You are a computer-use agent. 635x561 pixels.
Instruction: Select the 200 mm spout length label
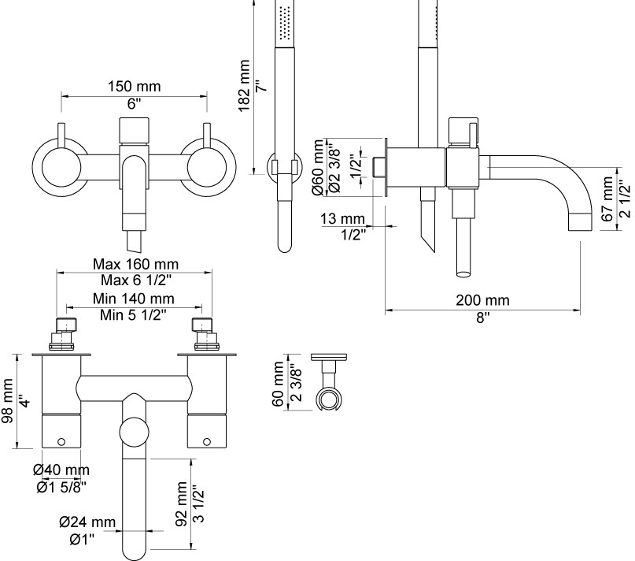click(482, 300)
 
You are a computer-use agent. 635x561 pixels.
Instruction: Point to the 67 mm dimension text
click(607, 200)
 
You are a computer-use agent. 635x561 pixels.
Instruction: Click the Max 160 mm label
click(135, 264)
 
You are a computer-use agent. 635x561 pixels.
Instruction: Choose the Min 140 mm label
click(134, 299)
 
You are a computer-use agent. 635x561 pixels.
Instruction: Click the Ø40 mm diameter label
click(61, 470)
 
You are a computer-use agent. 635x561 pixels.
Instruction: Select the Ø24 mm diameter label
click(87, 522)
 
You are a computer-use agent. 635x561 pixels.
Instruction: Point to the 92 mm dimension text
click(182, 505)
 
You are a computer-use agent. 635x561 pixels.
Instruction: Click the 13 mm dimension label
click(343, 218)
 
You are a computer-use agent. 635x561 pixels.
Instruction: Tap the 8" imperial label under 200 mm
click(482, 317)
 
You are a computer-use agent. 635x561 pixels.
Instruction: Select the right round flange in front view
click(207, 167)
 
